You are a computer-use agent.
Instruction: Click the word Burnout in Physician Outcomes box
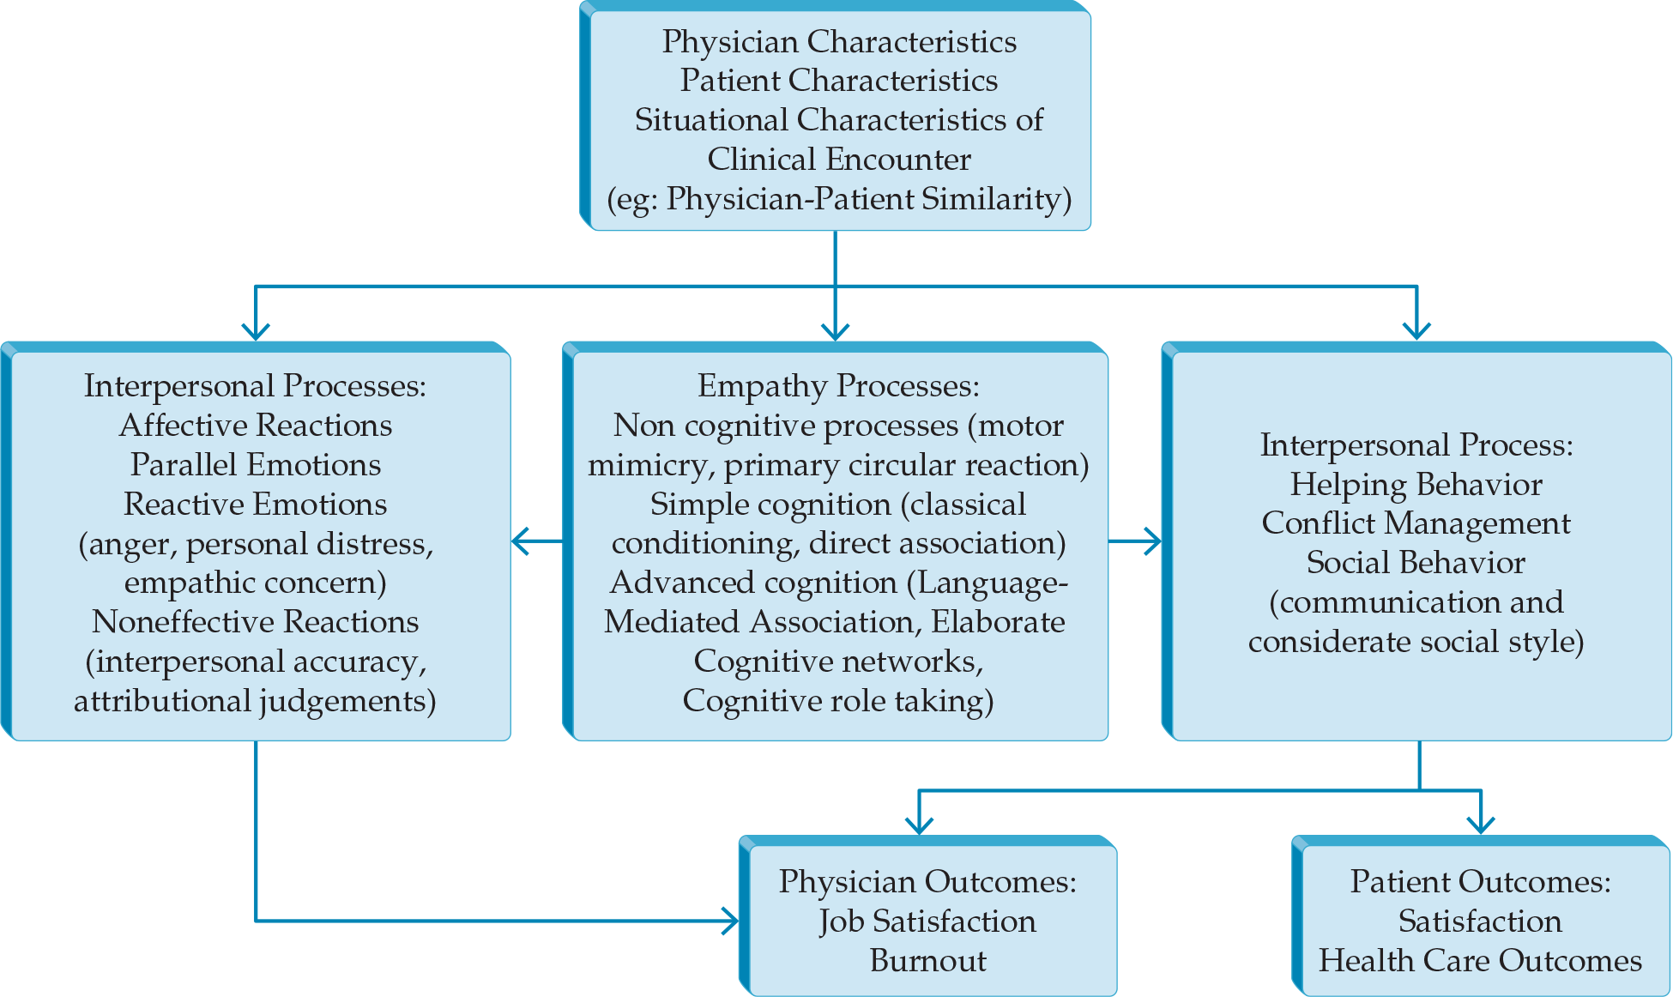pos(927,961)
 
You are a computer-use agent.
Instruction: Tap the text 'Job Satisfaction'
pos(927,921)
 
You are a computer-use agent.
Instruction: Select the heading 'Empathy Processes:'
pos(838,386)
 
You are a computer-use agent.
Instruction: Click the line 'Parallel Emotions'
pos(256,465)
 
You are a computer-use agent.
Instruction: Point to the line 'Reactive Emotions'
pos(256,505)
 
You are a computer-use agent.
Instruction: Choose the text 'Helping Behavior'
pos(1416,485)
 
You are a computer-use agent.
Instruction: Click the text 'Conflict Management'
pos(1416,523)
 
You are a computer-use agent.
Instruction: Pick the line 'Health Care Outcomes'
pos(1480,961)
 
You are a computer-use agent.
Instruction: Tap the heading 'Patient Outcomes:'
pos(1480,882)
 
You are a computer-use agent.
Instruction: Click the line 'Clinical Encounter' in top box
pos(838,160)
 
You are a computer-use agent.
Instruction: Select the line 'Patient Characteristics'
pos(838,81)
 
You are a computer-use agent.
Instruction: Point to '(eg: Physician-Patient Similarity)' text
pos(838,199)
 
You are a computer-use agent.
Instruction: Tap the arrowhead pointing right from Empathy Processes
pos(1155,541)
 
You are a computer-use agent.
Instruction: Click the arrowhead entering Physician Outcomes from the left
pos(732,921)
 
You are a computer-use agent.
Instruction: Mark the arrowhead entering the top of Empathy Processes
pos(835,333)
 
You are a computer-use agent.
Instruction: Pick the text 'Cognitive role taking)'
pos(838,701)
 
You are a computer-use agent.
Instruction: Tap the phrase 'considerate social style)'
pos(1416,642)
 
